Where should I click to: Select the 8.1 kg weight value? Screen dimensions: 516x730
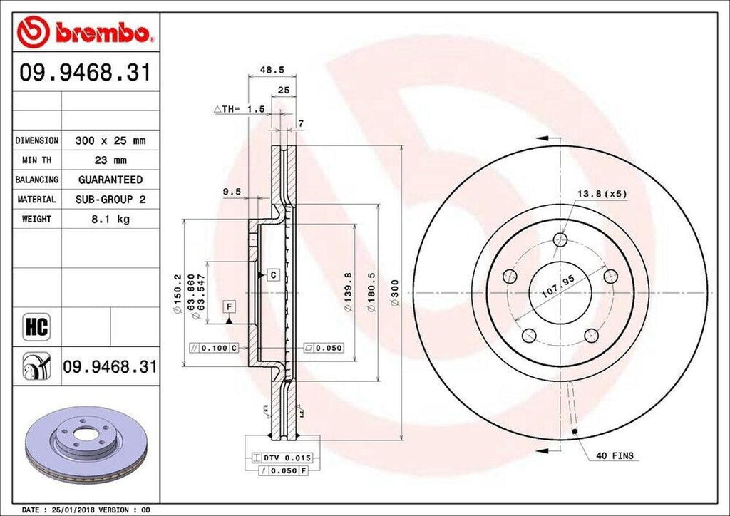click(110, 220)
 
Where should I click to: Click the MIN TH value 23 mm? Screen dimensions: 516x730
click(110, 160)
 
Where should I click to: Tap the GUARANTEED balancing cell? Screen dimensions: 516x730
click(110, 180)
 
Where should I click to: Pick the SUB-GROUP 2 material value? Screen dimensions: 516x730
click(110, 200)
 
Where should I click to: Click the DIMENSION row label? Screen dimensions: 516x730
click(37, 141)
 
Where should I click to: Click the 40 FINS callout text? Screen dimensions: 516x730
click(615, 455)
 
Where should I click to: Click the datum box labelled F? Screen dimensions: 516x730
click(229, 307)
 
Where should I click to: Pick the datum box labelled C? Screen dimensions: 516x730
click(272, 274)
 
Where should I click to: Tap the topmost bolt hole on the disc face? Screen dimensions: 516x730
click(561, 240)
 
